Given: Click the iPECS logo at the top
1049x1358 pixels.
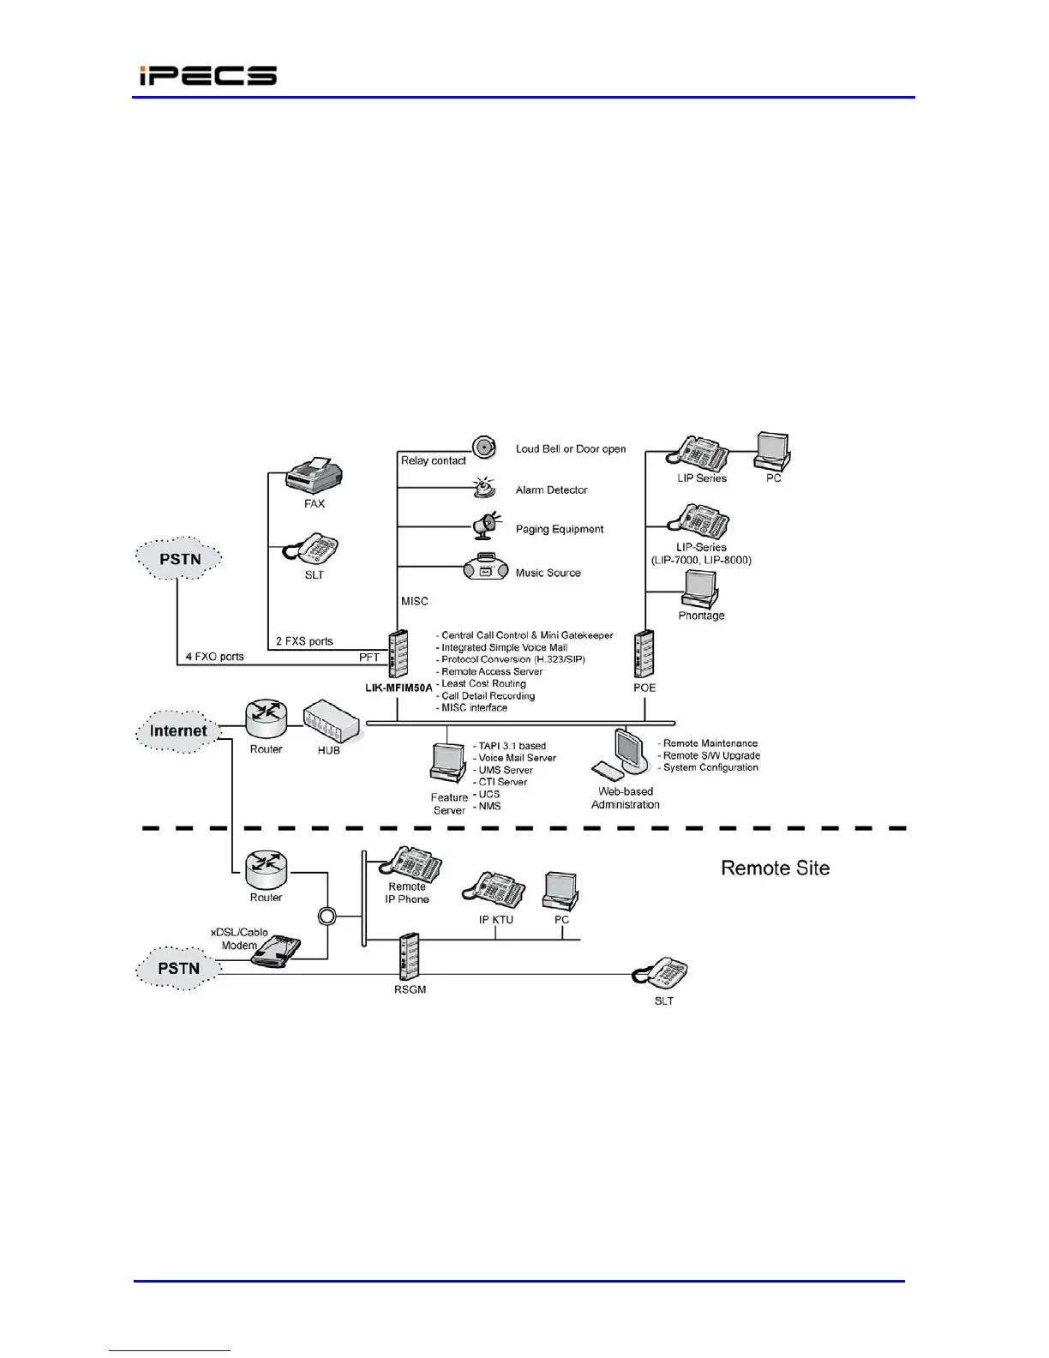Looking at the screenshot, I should pos(208,75).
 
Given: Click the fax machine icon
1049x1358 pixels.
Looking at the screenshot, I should pos(314,476).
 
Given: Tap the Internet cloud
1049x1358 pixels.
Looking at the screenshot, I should pos(178,731).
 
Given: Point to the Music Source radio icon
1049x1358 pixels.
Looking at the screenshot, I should pos(486,568).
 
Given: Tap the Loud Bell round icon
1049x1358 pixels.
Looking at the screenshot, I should pos(484,447).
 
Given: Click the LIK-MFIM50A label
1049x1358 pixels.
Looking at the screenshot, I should pos(399,688).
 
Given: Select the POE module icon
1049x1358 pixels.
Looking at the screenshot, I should pos(644,653).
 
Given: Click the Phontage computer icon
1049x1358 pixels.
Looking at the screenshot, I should pos(700,589).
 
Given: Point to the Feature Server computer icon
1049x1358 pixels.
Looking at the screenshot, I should pos(447,763).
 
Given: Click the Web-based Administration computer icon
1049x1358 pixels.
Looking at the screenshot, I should pos(624,754).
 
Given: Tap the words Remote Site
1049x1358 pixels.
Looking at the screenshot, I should pos(775,868).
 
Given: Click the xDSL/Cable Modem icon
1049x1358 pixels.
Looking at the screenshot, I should pos(277,952).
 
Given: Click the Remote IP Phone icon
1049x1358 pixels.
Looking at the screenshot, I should pos(413,864).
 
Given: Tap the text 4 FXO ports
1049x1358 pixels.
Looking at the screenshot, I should pos(214,657).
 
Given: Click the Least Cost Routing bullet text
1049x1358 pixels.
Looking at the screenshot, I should pos(483,683).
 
